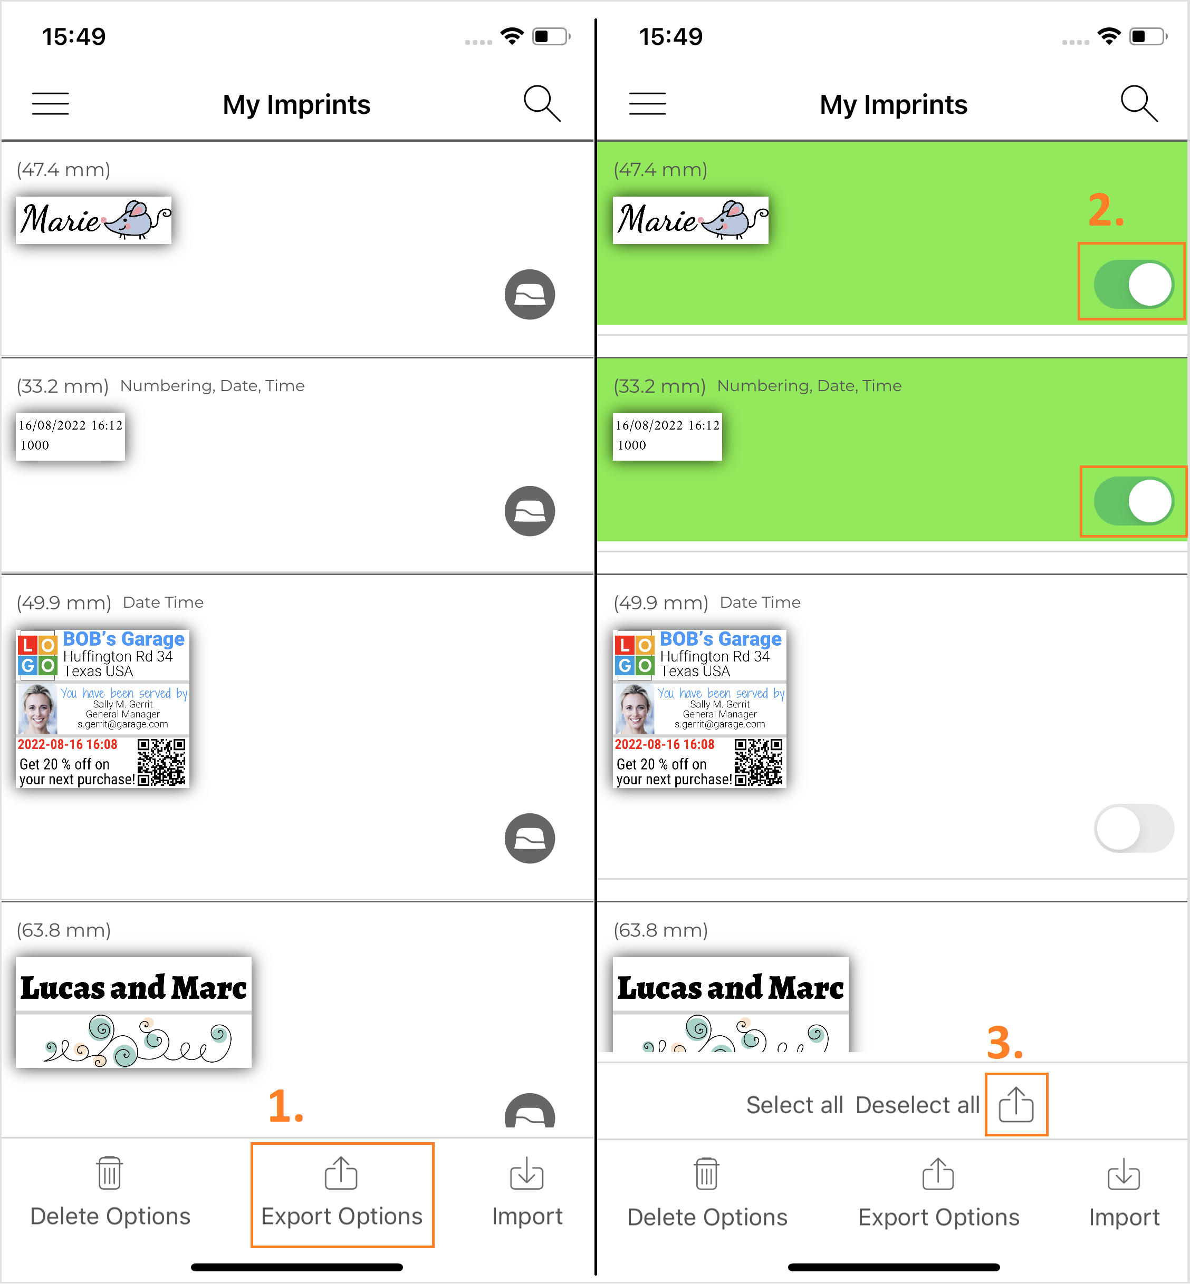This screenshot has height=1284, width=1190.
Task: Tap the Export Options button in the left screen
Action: click(x=342, y=1194)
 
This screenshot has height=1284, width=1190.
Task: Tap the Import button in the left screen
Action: click(x=527, y=1194)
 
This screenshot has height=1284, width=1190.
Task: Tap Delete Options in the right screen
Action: click(x=707, y=1194)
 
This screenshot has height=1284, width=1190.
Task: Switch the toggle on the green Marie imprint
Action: click(x=1134, y=284)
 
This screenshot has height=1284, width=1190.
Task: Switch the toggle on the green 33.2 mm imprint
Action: click(x=1134, y=501)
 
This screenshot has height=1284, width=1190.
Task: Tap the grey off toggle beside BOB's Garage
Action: click(x=1134, y=828)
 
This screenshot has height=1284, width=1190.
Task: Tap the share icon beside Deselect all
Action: click(x=1016, y=1104)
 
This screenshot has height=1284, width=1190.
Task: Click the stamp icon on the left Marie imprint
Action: click(x=529, y=294)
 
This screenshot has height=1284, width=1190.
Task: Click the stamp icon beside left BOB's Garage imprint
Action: click(x=529, y=839)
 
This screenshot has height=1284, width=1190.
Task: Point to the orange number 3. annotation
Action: click(x=1004, y=1043)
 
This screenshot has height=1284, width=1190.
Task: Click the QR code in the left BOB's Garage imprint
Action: click(x=161, y=762)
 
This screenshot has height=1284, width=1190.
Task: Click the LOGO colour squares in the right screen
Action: click(x=634, y=655)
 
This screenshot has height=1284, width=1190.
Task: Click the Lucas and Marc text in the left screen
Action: click(x=133, y=987)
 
